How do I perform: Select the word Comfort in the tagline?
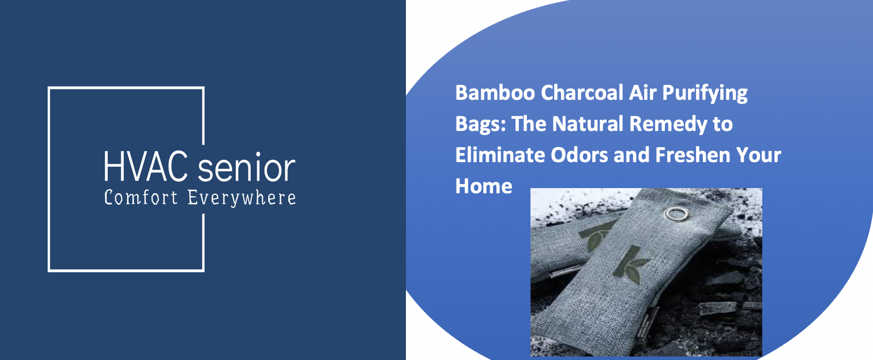point(141,198)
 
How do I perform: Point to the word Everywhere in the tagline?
point(242,198)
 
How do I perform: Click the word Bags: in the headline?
point(479,125)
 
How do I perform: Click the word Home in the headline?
point(483,186)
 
